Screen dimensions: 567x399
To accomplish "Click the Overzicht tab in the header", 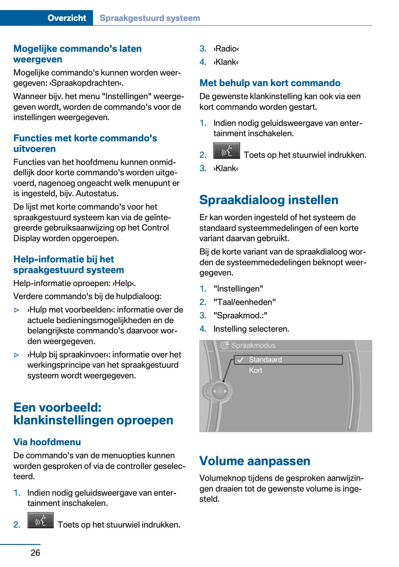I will point(67,18).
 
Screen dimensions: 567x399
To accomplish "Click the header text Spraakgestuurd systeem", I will point(150,18).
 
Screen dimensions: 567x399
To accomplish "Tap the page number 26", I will point(35,553).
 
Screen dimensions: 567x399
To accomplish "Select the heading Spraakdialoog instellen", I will point(269,200).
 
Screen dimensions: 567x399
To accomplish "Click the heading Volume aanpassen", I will point(254,461).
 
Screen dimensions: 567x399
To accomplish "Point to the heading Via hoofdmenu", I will point(47,442).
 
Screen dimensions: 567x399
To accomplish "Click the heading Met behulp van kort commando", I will point(270,83).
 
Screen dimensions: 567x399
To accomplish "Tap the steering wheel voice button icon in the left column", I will point(40,520).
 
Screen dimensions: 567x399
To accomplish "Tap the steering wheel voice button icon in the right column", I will point(226,151).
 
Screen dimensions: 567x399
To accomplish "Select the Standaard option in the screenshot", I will point(265,359).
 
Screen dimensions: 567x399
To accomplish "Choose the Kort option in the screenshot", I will point(255,370).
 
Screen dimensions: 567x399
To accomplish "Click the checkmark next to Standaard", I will point(240,359).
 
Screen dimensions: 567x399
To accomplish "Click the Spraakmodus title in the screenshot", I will point(253,345).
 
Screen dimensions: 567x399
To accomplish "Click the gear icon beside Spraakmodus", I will point(224,345).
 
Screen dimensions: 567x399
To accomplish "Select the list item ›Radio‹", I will point(226,49).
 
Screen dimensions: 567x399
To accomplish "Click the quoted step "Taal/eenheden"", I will point(245,302).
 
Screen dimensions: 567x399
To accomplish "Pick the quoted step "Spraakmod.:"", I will point(240,316).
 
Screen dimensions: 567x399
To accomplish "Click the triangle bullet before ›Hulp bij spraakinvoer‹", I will point(17,355).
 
